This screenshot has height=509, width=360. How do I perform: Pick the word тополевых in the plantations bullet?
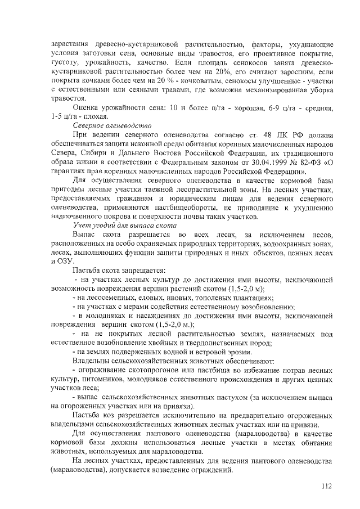[x=199, y=298]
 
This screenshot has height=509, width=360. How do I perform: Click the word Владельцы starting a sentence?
[x=94, y=360]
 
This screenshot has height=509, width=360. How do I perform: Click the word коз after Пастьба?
[x=113, y=415]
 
